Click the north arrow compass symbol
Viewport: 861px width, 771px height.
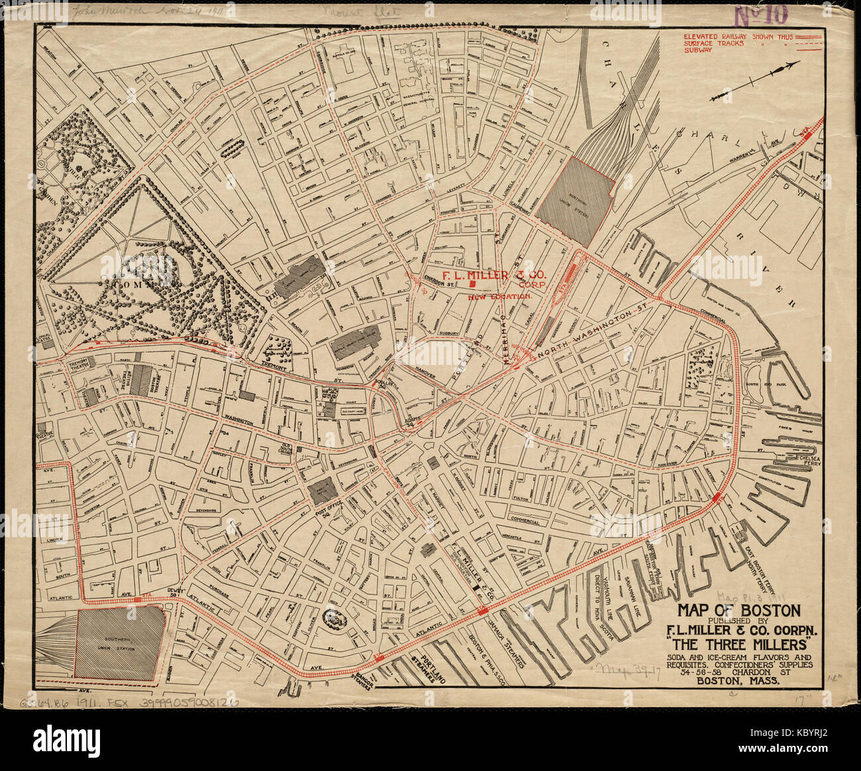(754, 81)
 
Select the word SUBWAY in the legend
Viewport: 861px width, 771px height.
(698, 50)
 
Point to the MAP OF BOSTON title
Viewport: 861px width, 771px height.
(738, 610)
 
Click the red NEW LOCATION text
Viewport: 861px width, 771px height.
(500, 297)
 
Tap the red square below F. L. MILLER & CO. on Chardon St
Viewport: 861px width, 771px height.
(472, 283)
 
